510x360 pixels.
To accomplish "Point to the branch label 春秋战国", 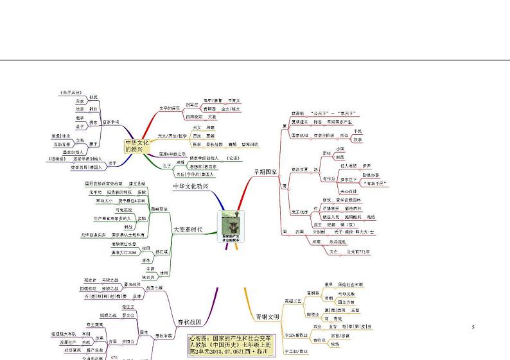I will pyautogui.click(x=189, y=321).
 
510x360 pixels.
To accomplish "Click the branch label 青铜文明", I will pyautogui.click(x=267, y=316).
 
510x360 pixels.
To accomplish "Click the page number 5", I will pyautogui.click(x=473, y=328).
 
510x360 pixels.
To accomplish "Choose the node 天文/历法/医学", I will pyautogui.click(x=172, y=136).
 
